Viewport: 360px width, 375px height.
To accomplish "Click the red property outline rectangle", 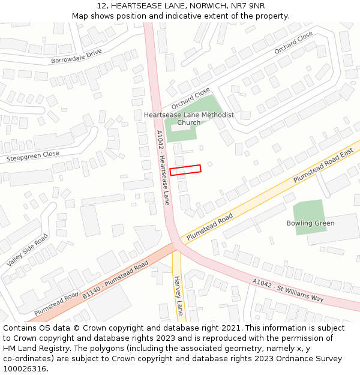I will click(x=185, y=170).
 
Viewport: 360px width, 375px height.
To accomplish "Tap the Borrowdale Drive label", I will click(x=76, y=56).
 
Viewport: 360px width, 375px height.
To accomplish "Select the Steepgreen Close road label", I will click(x=33, y=157).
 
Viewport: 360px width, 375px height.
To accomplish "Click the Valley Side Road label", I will click(x=28, y=250).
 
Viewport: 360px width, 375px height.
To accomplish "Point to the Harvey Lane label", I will click(x=178, y=296).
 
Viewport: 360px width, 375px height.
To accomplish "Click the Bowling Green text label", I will click(x=310, y=223).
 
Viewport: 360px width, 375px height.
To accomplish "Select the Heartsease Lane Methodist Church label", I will click(x=189, y=118).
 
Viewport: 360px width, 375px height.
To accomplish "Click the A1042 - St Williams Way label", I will click(x=288, y=290).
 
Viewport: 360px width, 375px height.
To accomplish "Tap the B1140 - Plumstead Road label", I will click(x=115, y=280).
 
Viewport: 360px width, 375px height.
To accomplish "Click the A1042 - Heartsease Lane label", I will click(x=163, y=168).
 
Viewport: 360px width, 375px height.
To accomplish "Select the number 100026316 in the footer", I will click(x=25, y=369).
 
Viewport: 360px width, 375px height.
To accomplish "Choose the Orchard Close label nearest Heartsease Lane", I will click(x=191, y=98).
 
